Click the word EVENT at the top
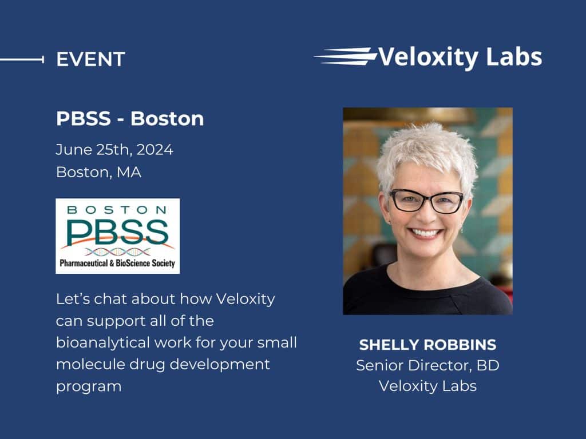coord(90,59)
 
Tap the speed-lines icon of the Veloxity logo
coord(345,57)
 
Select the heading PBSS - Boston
coord(130,118)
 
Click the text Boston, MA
coord(98,172)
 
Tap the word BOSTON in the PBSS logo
coord(117,210)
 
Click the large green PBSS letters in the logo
coord(117,232)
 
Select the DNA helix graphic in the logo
coord(117,252)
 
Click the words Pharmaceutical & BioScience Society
coord(117,263)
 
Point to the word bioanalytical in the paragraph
coord(103,343)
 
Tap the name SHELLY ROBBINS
coord(427,345)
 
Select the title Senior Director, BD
coord(427,365)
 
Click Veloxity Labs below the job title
coord(427,386)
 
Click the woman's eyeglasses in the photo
coord(426,201)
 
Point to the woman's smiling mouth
coord(426,234)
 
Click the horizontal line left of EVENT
coord(22,59)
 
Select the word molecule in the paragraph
coord(90,364)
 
